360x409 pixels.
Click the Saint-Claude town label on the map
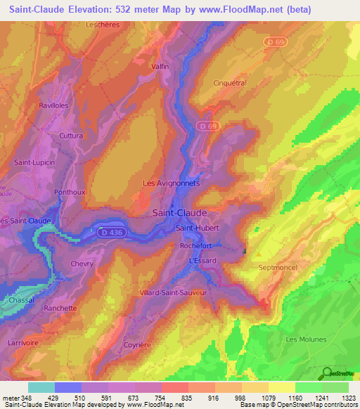point(180,212)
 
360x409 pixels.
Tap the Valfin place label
point(160,66)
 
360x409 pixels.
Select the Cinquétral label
point(230,82)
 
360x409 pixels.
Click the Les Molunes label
point(307,339)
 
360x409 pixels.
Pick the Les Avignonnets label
point(172,183)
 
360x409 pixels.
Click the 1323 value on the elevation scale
point(348,398)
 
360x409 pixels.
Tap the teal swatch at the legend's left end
point(41,387)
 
